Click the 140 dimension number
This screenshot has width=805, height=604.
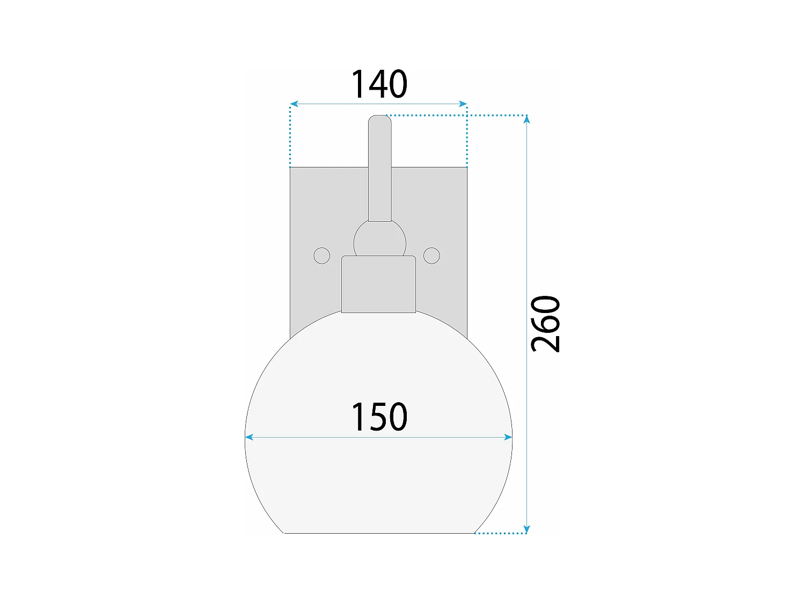point(379,85)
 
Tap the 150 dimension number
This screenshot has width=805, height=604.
point(379,417)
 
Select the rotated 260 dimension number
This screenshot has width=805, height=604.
point(545,324)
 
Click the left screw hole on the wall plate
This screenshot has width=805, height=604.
point(321,256)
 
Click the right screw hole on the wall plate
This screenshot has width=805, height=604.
point(431,256)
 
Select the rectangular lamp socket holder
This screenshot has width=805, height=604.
point(379,285)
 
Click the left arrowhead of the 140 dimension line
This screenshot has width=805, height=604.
point(294,104)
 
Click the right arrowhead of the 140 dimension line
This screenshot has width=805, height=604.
point(463,104)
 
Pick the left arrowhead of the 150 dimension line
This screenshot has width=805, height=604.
point(249,438)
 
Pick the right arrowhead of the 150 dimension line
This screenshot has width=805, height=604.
point(508,438)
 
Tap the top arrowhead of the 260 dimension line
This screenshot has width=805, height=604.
point(527,119)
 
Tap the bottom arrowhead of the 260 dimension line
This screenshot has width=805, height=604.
point(527,529)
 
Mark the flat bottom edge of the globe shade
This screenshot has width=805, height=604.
point(379,533)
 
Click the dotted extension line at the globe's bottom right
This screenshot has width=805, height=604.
point(499,533)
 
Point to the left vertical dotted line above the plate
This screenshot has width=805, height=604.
point(290,137)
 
